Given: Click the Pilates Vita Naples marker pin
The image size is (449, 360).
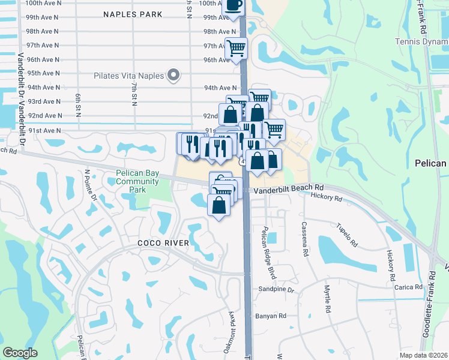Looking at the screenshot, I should tap(173, 75).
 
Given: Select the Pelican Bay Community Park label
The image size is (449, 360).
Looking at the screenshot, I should tap(130, 182).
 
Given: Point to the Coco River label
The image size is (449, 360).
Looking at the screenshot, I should tap(163, 243).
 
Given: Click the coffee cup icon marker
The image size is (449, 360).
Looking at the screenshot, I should tap(234, 6).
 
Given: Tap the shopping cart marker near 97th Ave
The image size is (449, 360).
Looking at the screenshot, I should tap(236, 47).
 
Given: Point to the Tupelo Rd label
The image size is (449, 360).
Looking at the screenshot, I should tap(348, 237).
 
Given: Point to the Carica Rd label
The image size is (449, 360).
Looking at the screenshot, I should tap(409, 287).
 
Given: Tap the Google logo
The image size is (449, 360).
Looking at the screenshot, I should tap(20, 352).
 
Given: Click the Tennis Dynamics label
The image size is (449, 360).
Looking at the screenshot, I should tap(421, 41).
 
